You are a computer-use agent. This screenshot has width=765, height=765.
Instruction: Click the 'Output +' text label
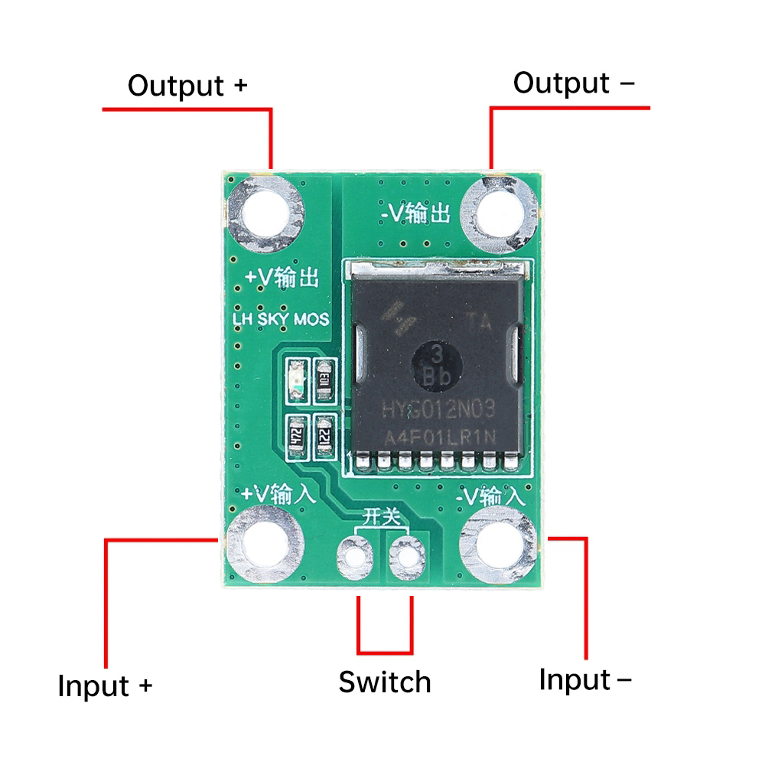[x=187, y=85]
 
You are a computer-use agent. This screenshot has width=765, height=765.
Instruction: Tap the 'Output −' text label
[x=573, y=83]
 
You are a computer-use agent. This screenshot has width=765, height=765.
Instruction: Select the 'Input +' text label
[x=106, y=685]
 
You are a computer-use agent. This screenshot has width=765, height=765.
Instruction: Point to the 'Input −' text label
[x=585, y=679]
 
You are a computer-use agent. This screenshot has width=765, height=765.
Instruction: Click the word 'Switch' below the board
[x=385, y=682]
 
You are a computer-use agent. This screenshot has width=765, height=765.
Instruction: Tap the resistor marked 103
[x=325, y=380]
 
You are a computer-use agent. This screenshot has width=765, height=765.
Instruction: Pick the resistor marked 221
[x=325, y=438]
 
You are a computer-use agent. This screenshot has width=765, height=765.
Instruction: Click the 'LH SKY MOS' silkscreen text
[x=281, y=318]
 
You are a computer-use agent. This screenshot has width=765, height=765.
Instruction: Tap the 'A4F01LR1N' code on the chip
[x=439, y=438]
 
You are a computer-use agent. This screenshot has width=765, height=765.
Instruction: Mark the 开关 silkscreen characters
[x=381, y=516]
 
